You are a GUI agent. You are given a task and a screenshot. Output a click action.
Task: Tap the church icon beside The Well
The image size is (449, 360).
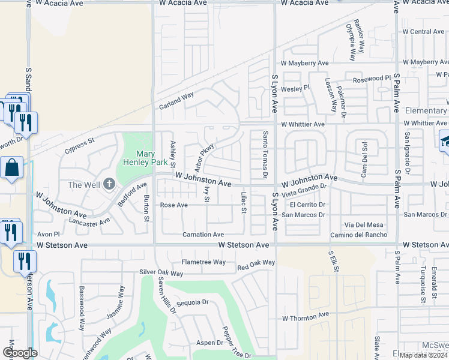tap(109, 184)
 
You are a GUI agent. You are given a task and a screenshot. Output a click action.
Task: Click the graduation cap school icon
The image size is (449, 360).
tap(445, 142)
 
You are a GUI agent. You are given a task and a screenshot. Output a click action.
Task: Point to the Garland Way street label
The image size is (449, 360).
tap(176, 100)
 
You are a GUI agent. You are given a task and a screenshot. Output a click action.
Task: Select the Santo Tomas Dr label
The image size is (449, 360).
tap(265, 155)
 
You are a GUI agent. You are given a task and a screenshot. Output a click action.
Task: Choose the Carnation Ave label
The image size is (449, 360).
tap(203, 235)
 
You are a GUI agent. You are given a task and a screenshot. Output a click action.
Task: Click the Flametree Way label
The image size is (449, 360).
tap(203, 262)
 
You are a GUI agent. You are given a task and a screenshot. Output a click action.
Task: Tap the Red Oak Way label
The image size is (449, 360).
tap(256, 264)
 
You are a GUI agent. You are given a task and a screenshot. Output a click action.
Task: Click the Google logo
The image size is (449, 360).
tap(20, 353)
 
